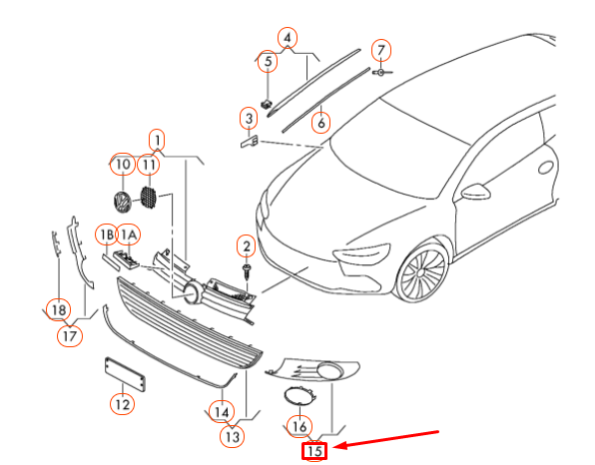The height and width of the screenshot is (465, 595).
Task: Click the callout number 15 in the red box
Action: pyautogui.click(x=314, y=451)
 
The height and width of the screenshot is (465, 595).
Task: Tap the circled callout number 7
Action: pyautogui.click(x=381, y=50)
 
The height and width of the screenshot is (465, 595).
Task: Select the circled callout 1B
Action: pyautogui.click(x=107, y=234)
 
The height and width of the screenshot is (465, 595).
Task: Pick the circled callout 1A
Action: pyautogui.click(x=129, y=234)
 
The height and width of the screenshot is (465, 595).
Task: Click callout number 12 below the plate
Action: pyautogui.click(x=122, y=404)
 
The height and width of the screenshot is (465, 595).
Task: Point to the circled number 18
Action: pyautogui.click(x=59, y=310)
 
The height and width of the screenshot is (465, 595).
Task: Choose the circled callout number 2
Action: pyautogui.click(x=247, y=246)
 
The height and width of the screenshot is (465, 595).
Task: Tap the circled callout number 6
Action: pyautogui.click(x=321, y=123)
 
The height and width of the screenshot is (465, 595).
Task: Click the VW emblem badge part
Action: pyautogui.click(x=122, y=202)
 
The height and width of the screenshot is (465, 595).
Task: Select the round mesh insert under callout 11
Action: pyautogui.click(x=149, y=198)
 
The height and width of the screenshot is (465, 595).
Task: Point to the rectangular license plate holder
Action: pyautogui.click(x=125, y=374)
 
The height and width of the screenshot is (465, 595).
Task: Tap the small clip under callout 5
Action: pyautogui.click(x=267, y=104)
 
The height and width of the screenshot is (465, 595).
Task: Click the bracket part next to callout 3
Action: pyautogui.click(x=250, y=142)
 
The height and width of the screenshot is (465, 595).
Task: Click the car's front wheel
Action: pyautogui.click(x=420, y=273)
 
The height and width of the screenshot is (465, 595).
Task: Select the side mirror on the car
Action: pyautogui.click(x=476, y=192)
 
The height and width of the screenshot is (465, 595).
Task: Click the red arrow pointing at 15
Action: pyautogui.click(x=387, y=438)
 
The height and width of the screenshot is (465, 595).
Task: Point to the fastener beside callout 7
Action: pyautogui.click(x=381, y=72)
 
